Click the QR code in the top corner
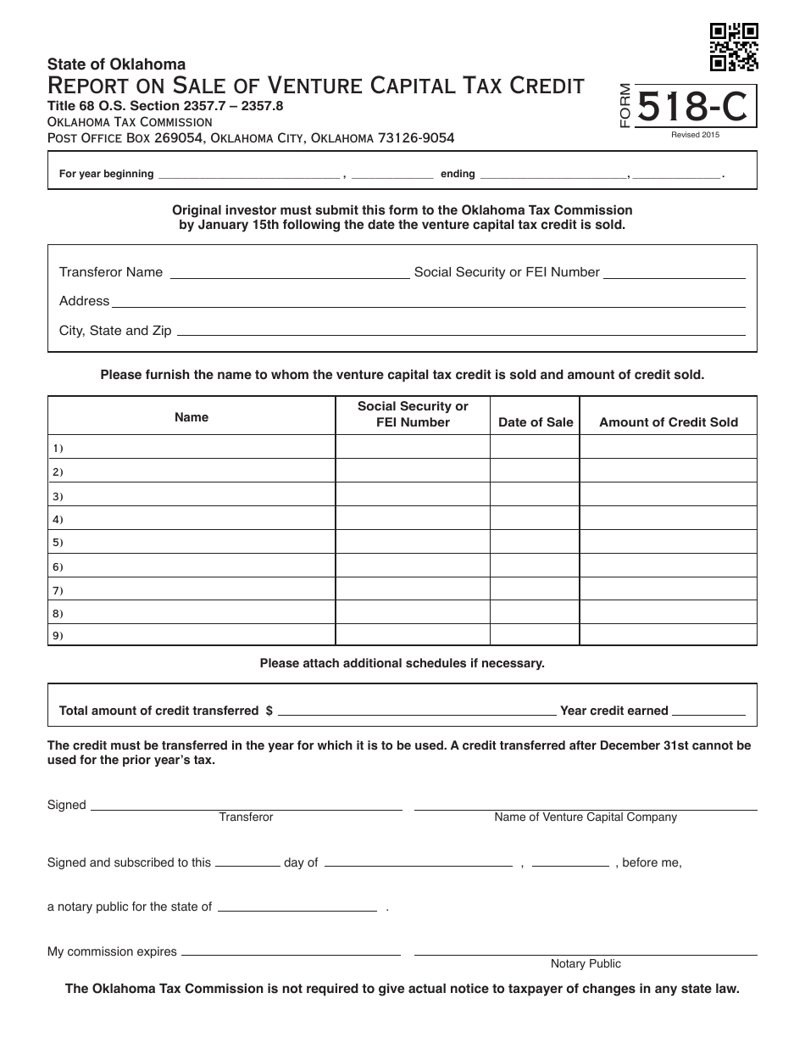pyautogui.click(x=733, y=47)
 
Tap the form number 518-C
pyautogui.click(x=692, y=108)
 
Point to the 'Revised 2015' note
pyautogui.click(x=695, y=136)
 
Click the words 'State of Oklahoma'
pyautogui.click(x=116, y=64)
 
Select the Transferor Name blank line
pyautogui.click(x=290, y=274)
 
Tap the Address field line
pyautogui.click(x=428, y=303)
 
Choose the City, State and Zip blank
pyautogui.click(x=460, y=332)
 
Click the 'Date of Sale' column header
pyautogui.click(x=536, y=422)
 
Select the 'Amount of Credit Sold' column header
pyautogui.click(x=669, y=422)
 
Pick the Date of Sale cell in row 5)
pyautogui.click(x=535, y=542)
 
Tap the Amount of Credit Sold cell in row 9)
pyautogui.click(x=668, y=635)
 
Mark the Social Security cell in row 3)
pyautogui.click(x=413, y=496)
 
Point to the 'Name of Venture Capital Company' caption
pyautogui.click(x=586, y=817)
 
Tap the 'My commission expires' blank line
pyautogui.click(x=291, y=953)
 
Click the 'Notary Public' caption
pyautogui.click(x=586, y=964)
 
